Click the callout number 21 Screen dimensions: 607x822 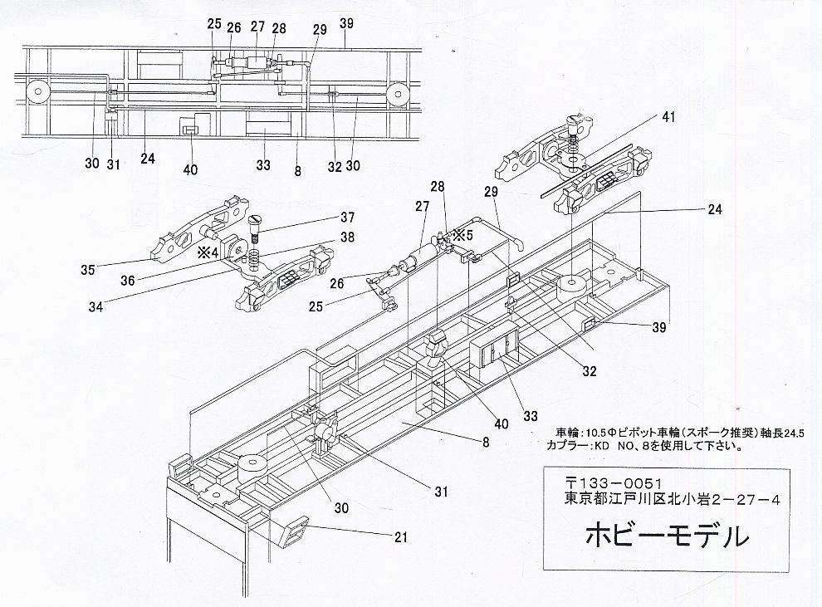tap(400, 538)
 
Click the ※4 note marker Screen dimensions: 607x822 tap(208, 251)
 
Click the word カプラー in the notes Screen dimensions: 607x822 tap(566, 444)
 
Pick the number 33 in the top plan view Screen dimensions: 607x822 tap(263, 165)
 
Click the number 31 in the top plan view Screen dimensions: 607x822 tap(113, 164)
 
